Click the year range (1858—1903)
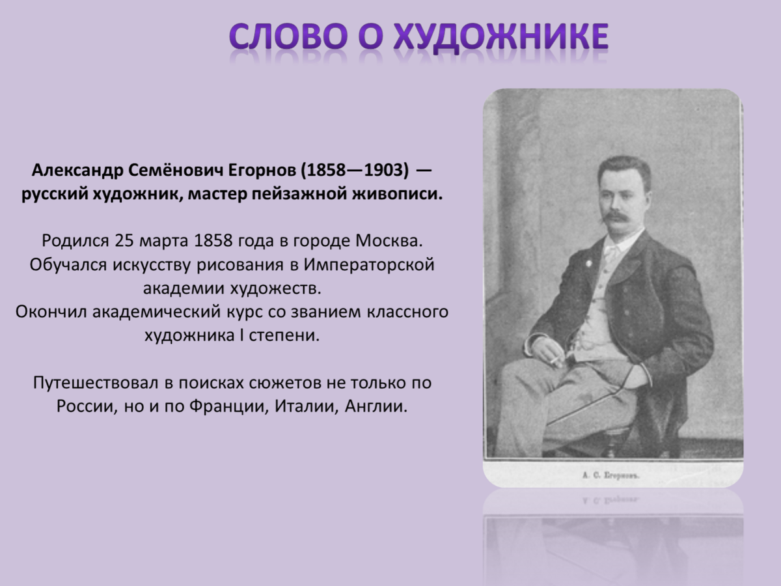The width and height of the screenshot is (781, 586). (355, 171)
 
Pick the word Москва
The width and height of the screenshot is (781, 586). (389, 240)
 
